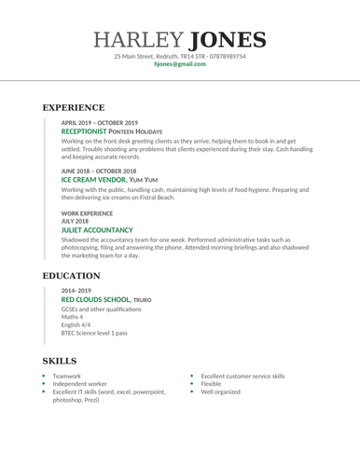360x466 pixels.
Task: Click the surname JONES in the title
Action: point(228,40)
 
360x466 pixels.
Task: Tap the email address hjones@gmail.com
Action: point(179,64)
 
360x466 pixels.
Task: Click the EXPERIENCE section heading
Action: point(74,107)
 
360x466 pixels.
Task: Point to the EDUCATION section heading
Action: point(72,276)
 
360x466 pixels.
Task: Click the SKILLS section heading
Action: point(60,361)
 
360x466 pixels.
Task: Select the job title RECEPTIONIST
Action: point(90,131)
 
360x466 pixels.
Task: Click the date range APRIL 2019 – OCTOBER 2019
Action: point(99,123)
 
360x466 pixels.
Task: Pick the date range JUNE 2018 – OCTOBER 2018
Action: point(98,171)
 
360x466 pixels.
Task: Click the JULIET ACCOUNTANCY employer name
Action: point(97,228)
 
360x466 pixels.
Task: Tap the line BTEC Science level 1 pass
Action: point(94,333)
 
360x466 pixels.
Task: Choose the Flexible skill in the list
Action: point(211,384)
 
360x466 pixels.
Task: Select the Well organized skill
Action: point(220,392)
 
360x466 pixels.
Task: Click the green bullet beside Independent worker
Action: point(43,384)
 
